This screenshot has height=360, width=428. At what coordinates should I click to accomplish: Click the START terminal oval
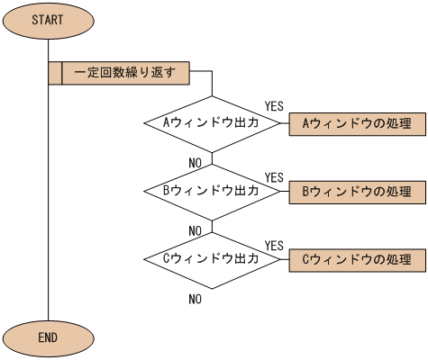click(x=47, y=21)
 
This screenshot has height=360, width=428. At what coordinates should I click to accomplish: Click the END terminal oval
click(x=47, y=337)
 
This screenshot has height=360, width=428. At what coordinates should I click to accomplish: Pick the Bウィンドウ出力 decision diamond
click(x=212, y=191)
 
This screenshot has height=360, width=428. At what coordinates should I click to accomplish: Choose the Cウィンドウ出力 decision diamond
click(x=212, y=259)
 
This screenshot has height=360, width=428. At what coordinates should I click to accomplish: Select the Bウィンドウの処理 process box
click(x=355, y=191)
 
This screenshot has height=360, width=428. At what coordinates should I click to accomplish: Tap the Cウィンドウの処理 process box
click(x=355, y=259)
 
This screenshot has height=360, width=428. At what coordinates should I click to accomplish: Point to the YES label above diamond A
click(x=274, y=106)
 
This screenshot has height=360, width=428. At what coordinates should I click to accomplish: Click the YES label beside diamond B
click(x=274, y=176)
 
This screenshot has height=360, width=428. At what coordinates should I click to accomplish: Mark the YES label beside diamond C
click(x=274, y=245)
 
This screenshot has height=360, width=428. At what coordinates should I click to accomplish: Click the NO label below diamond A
click(x=195, y=162)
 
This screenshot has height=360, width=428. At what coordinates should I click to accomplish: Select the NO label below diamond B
click(x=195, y=230)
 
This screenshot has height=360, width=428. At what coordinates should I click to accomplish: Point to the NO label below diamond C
click(x=195, y=299)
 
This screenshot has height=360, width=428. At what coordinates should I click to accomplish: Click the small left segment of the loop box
click(x=54, y=71)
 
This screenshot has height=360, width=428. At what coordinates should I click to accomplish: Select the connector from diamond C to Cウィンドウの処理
click(x=283, y=259)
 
